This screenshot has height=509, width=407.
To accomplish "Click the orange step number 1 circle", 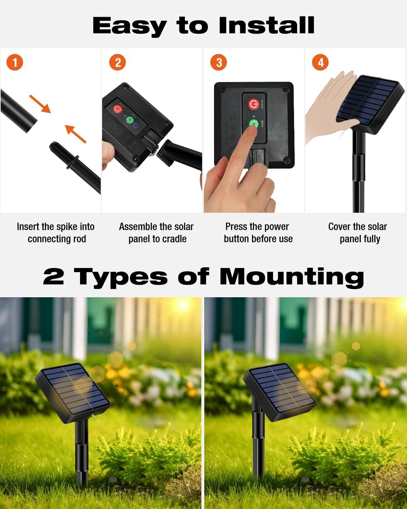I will click(x=15, y=62).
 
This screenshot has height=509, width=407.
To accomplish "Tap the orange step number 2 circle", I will click(x=117, y=62).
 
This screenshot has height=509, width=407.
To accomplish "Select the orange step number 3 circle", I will click(x=219, y=62).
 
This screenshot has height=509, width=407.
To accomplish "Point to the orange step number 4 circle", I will click(x=321, y=62).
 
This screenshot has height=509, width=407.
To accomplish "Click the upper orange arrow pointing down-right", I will click(x=40, y=103).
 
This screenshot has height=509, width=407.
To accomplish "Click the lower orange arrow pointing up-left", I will click(x=75, y=134).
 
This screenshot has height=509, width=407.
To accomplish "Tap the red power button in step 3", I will click(x=253, y=104).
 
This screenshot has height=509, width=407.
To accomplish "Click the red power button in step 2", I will click(x=117, y=109).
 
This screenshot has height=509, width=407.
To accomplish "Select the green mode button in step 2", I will click(x=129, y=120).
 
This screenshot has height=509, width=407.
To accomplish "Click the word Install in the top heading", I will click(x=267, y=25).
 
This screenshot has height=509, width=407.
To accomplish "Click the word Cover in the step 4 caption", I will click(x=339, y=227).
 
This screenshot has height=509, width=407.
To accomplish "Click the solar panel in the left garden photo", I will click(x=73, y=392).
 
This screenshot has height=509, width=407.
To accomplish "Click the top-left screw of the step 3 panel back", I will click(x=221, y=90).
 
